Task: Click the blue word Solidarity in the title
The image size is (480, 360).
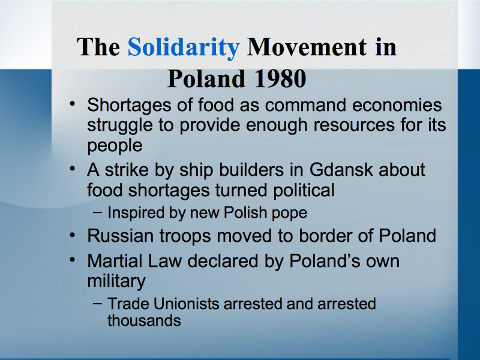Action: click(184, 48)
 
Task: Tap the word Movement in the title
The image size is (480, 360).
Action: click(307, 47)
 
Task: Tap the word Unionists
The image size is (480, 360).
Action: click(187, 304)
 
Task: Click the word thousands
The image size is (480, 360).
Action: click(144, 320)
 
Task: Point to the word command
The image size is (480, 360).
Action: click(306, 105)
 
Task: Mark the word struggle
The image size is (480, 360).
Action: click(120, 126)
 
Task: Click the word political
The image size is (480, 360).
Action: click(304, 191)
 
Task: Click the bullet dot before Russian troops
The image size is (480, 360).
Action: click(72, 235)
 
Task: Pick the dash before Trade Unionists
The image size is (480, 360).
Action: click(97, 304)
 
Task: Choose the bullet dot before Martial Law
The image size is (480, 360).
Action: click(72, 260)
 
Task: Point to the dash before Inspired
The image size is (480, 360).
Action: click(97, 212)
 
